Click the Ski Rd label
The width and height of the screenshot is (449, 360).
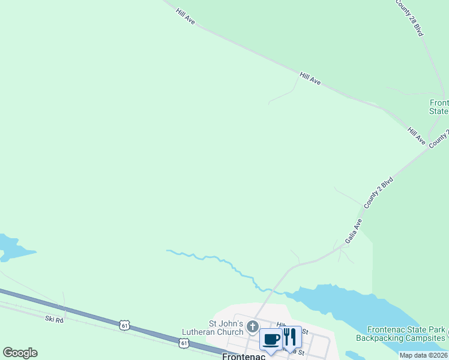[x=54, y=320]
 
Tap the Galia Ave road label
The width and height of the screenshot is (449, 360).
[x=354, y=231]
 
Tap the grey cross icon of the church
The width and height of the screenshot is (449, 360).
[x=253, y=327]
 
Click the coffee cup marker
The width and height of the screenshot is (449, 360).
[x=271, y=339]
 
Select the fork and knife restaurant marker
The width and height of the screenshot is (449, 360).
[x=291, y=338]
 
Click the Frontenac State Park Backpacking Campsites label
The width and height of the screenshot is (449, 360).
[x=402, y=334]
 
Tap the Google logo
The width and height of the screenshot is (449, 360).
[x=20, y=353]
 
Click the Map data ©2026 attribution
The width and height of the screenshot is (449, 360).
[x=424, y=355]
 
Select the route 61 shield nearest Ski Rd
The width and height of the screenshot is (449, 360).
[x=124, y=325]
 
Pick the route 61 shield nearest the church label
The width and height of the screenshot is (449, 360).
[x=183, y=341]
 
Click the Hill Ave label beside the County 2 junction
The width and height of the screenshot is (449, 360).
[x=417, y=136]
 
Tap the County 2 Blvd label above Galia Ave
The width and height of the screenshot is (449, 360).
[x=378, y=192]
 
